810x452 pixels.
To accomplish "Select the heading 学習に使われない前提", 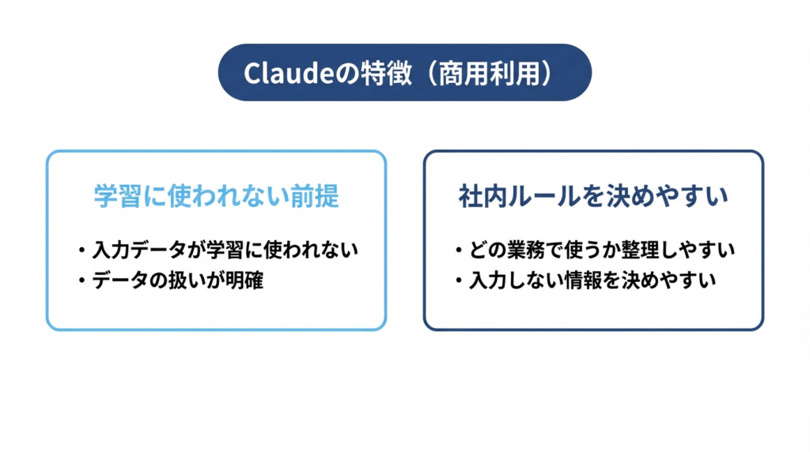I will coord(216,196).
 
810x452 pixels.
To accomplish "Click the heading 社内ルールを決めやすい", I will coord(593,196).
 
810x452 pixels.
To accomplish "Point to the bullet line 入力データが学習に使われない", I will coord(225,250).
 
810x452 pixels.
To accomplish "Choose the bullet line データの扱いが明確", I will coord(177,279).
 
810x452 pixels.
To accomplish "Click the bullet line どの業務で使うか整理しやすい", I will coord(602,250).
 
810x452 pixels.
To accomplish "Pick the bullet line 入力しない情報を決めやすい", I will coord(592,279).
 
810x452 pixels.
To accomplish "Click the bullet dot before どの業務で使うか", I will coord(459,250).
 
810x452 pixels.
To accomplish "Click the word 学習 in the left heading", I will coord(118,196).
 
